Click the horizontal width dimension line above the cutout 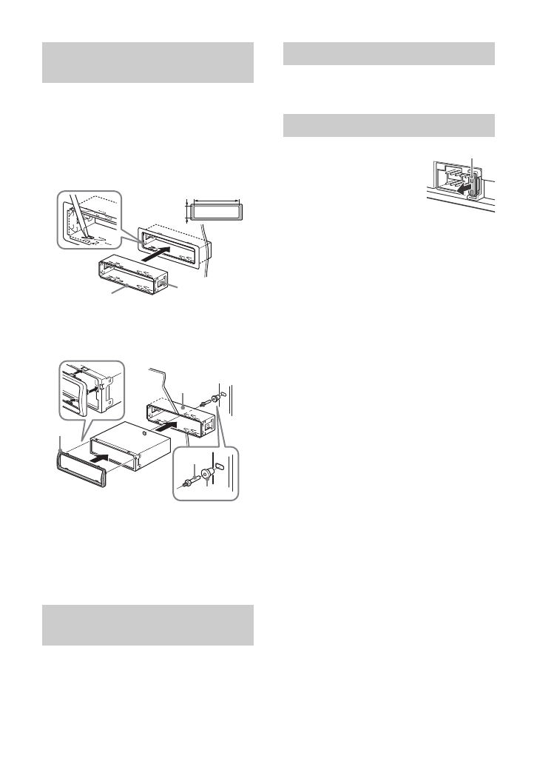[215, 200]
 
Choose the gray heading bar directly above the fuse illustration [389, 125]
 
